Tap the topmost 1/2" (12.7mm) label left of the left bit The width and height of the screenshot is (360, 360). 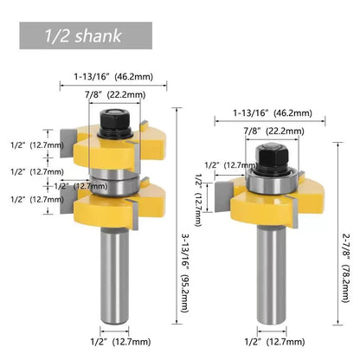35,146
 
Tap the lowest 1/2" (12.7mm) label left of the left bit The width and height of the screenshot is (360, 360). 35,199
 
